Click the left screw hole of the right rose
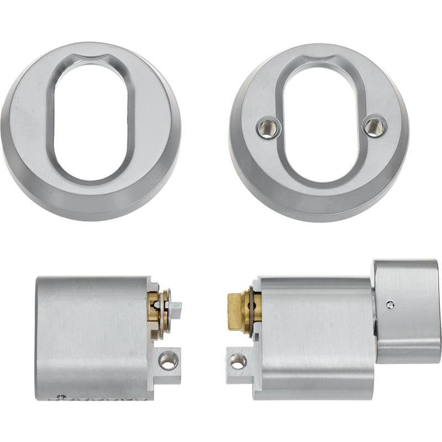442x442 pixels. (269, 128)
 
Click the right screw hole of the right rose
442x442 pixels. (375, 125)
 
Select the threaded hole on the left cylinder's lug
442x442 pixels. (168, 361)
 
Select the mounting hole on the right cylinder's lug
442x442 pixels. (238, 361)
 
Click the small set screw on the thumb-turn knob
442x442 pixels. (391, 304)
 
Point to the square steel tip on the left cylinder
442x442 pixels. (175, 311)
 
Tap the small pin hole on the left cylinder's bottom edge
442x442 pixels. (62, 396)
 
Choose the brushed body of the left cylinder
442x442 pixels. (91, 337)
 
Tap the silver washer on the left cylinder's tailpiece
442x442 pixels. (164, 312)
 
